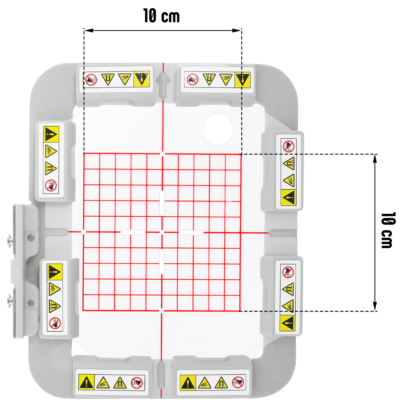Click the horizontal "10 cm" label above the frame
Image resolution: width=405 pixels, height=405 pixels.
point(162,16)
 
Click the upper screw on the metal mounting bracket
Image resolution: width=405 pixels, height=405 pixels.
point(9,240)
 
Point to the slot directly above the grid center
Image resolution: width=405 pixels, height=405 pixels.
point(162,204)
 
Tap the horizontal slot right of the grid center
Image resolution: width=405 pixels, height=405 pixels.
point(191,232)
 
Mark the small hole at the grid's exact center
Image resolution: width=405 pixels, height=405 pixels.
point(162,232)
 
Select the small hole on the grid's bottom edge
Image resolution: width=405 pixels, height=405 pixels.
point(162,310)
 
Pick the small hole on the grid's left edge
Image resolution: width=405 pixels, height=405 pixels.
point(83,232)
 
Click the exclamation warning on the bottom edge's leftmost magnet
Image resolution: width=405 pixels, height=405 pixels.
point(86,383)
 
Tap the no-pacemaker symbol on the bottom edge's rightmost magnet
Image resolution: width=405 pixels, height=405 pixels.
point(238,382)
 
